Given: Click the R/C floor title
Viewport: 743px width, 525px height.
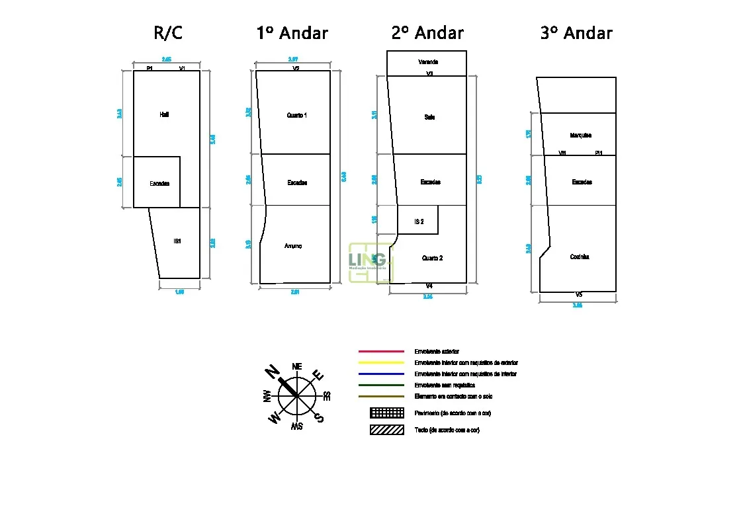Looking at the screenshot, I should [x=167, y=33].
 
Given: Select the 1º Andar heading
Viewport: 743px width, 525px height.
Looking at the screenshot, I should [x=292, y=33].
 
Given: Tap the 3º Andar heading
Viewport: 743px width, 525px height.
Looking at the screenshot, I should [x=576, y=33].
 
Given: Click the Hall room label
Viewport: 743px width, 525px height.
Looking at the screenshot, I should [x=164, y=114].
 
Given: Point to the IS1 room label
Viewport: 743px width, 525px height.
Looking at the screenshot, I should [x=177, y=241].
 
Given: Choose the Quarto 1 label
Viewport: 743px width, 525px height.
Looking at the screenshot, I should [x=296, y=115].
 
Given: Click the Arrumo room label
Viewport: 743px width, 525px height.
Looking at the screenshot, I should [x=293, y=246].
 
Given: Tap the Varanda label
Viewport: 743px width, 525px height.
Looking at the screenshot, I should [x=428, y=61].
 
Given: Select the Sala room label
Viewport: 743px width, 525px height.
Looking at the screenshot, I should [x=429, y=117].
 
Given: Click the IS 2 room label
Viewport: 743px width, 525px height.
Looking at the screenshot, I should [x=419, y=222].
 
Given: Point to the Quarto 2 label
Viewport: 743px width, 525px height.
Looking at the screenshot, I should [x=432, y=258].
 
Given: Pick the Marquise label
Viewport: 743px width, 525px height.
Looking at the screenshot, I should [x=580, y=136].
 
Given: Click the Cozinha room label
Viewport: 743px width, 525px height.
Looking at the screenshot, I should [x=579, y=257].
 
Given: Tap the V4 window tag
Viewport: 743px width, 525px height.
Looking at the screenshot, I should [x=429, y=286].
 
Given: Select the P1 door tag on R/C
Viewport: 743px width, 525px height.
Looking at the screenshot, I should [x=150, y=68].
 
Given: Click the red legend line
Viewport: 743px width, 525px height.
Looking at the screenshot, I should [x=381, y=351].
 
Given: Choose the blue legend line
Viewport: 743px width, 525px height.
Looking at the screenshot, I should [x=381, y=374].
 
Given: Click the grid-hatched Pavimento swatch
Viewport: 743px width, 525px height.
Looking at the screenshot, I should [x=387, y=413].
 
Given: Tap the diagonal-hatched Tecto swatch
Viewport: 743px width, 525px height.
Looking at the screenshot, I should [x=387, y=430].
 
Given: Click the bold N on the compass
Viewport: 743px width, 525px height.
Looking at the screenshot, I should [x=272, y=372].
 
